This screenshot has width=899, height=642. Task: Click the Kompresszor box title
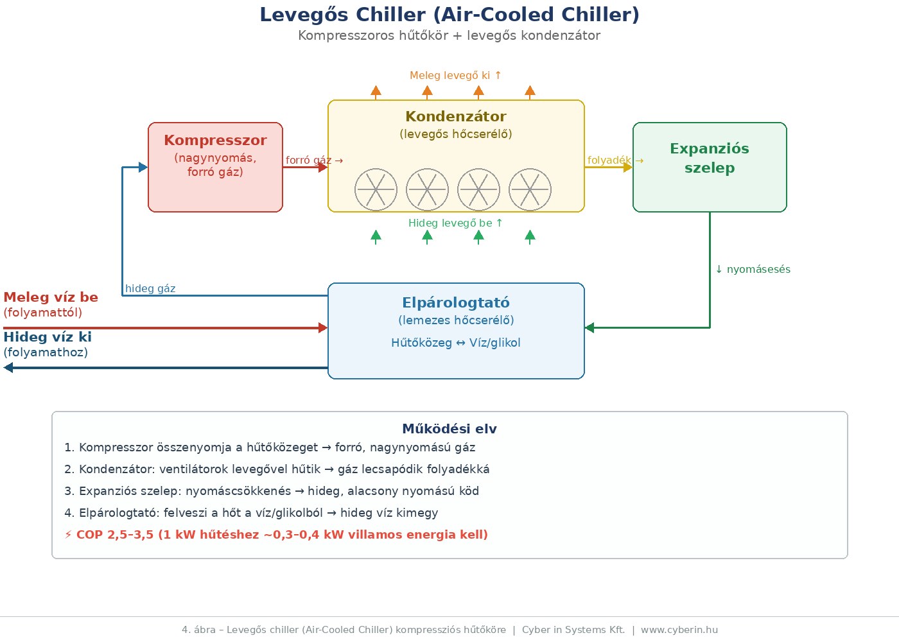coord(215,140)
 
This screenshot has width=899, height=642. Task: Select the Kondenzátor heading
coord(456,116)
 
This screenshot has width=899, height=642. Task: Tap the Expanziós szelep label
coord(710,158)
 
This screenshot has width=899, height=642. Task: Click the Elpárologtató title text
coord(456,302)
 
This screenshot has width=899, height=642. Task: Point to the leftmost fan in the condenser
coord(376,189)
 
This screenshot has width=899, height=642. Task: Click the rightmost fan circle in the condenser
coord(530,189)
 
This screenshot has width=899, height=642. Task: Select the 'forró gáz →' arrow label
coord(314,160)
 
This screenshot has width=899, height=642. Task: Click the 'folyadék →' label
coord(615,160)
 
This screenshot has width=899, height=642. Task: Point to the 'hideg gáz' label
coord(150,288)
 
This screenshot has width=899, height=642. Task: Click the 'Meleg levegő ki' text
coord(455,75)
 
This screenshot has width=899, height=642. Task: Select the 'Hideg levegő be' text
coord(455,223)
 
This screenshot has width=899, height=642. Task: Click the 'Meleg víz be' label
coord(51,297)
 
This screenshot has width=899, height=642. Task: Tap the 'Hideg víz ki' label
coord(48,337)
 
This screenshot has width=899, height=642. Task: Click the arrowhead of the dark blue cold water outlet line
coord(8,368)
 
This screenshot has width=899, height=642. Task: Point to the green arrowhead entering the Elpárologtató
coord(589,327)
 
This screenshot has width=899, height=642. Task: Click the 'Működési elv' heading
coord(449,429)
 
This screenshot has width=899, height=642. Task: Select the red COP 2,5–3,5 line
coord(276,535)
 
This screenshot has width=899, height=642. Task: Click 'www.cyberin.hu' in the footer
coord(679,630)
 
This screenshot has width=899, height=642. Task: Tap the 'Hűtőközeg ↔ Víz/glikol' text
coord(456,343)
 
